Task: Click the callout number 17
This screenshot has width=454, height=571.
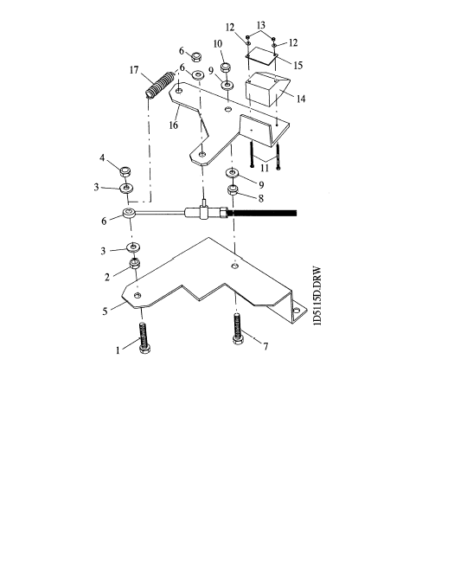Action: point(134,69)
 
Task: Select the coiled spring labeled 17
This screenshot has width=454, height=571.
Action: point(159,85)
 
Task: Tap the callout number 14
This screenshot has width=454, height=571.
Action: point(301,99)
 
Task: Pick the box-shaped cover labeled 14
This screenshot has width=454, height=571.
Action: point(267,89)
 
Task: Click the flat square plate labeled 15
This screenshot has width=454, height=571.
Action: point(262,55)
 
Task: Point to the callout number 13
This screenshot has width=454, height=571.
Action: point(261,25)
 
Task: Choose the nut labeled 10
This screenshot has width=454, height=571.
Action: point(227,67)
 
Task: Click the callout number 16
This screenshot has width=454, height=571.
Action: point(173,125)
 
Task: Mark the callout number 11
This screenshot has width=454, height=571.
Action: point(265,168)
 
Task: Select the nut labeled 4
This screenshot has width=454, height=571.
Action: point(125,170)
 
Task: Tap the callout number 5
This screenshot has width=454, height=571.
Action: point(106,311)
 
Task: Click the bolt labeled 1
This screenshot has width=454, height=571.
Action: point(144,338)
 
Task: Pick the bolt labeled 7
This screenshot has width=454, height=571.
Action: point(237,329)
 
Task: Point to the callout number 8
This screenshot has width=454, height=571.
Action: point(260,198)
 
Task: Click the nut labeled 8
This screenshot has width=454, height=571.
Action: point(233,190)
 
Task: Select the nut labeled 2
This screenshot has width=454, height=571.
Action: point(135,263)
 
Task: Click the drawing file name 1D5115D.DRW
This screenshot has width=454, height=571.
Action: point(317,297)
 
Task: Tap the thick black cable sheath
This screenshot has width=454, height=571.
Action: point(262,213)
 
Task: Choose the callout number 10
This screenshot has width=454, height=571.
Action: point(218,44)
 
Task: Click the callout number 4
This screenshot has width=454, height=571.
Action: point(102,157)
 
